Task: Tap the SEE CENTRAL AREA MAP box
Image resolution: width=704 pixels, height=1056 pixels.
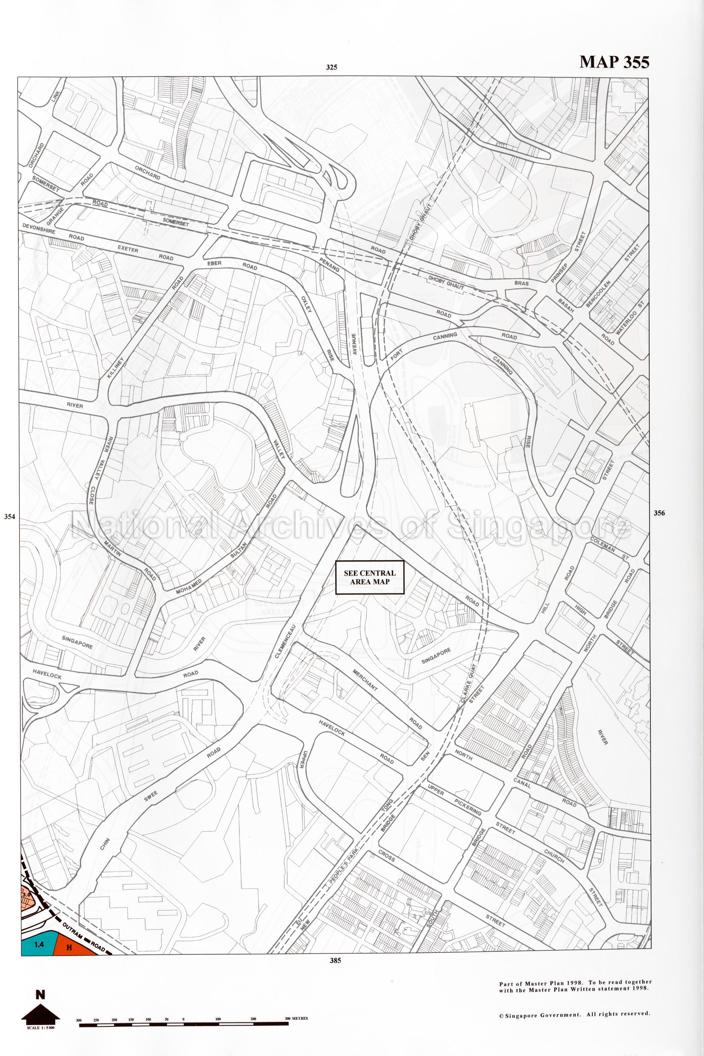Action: pyautogui.click(x=370, y=577)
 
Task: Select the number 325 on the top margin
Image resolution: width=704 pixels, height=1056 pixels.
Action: pyautogui.click(x=331, y=67)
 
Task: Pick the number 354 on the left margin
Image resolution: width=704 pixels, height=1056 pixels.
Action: pyautogui.click(x=10, y=517)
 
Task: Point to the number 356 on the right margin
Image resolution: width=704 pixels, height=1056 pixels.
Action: pyautogui.click(x=659, y=513)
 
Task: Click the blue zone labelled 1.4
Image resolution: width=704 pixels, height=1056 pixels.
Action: pyautogui.click(x=39, y=944)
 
